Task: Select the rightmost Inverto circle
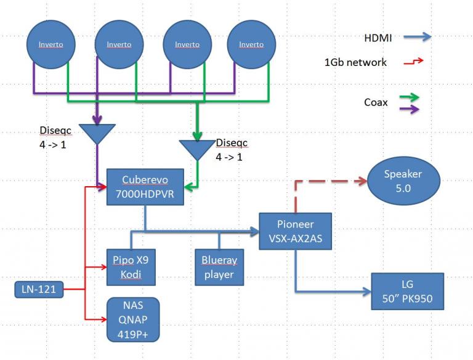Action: (251, 44)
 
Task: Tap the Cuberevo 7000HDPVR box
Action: (144, 186)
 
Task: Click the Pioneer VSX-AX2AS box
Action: (295, 231)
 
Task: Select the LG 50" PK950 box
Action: (407, 292)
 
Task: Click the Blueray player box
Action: (218, 267)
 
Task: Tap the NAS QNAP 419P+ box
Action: (132, 319)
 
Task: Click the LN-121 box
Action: (38, 289)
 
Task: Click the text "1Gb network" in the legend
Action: (355, 62)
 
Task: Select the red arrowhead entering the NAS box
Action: (102, 319)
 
